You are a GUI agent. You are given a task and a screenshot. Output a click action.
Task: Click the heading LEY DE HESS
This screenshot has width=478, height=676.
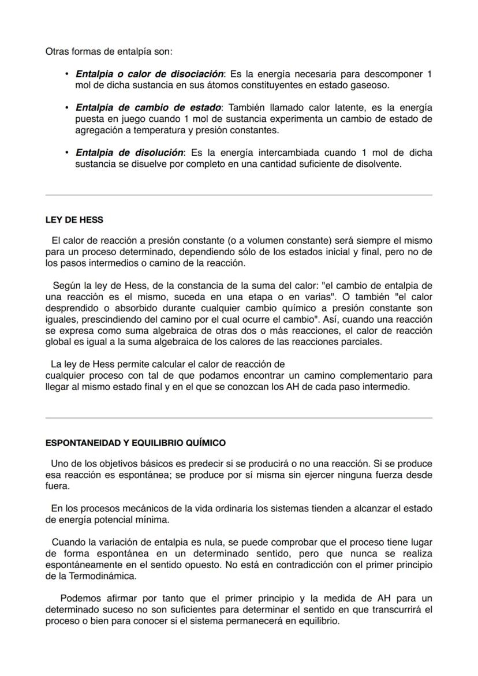click(x=74, y=220)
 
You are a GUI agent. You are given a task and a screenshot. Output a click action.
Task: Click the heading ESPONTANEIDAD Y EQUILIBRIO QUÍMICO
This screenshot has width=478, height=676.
click(x=136, y=443)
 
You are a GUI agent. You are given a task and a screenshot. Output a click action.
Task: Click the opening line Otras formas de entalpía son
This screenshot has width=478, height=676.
click(x=109, y=51)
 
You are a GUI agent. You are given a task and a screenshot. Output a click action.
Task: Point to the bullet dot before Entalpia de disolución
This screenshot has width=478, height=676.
click(x=68, y=153)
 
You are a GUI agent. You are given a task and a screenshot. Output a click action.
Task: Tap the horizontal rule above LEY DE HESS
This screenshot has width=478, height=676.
click(x=238, y=195)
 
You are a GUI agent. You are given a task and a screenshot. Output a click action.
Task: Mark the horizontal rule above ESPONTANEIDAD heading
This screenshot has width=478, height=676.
click(x=238, y=418)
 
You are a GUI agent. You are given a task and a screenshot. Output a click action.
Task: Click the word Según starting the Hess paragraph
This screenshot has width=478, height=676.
click(x=66, y=285)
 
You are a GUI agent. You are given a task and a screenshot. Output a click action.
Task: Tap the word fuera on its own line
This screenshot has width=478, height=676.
click(x=57, y=486)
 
